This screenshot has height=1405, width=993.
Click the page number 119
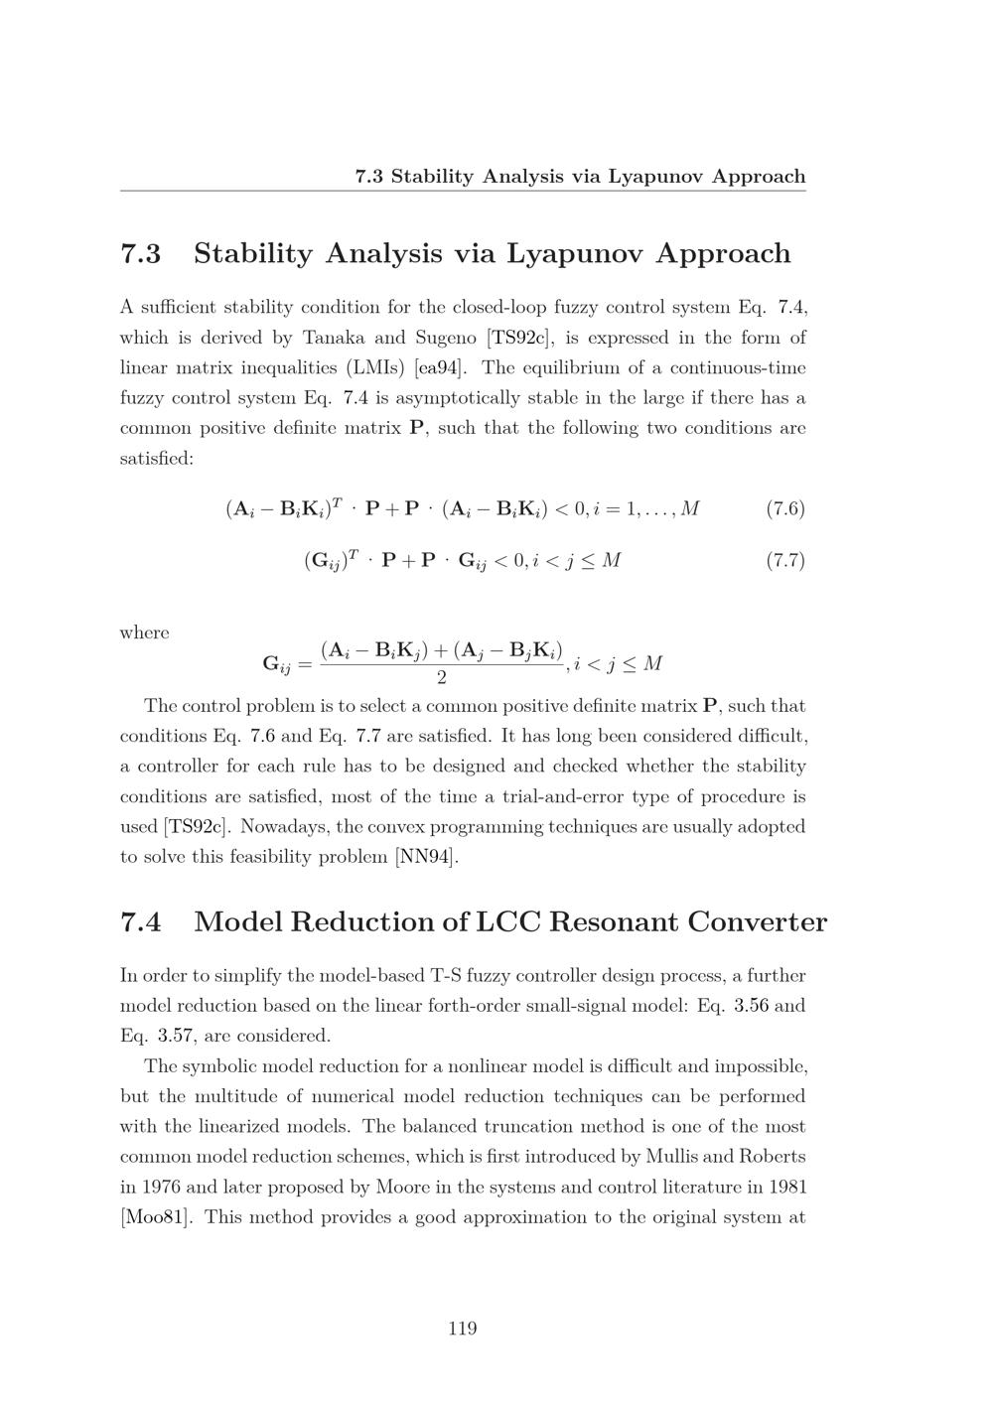pyautogui.click(x=463, y=1329)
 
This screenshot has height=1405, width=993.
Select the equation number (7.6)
pyautogui.click(x=785, y=509)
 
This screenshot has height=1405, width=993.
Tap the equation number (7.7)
pyautogui.click(x=785, y=560)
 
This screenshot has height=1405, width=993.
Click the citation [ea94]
pyautogui.click(x=440, y=368)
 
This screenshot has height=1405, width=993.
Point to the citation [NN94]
pyautogui.click(x=427, y=857)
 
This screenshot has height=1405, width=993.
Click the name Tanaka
pyautogui.click(x=335, y=338)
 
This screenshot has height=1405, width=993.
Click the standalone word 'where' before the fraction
pyautogui.click(x=144, y=632)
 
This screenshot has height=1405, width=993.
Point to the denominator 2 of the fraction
pyautogui.click(x=441, y=678)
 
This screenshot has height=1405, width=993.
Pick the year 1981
pyautogui.click(x=784, y=1188)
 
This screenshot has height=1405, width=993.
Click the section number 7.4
pyautogui.click(x=140, y=922)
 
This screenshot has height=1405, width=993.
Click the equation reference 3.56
pyautogui.click(x=752, y=1006)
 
